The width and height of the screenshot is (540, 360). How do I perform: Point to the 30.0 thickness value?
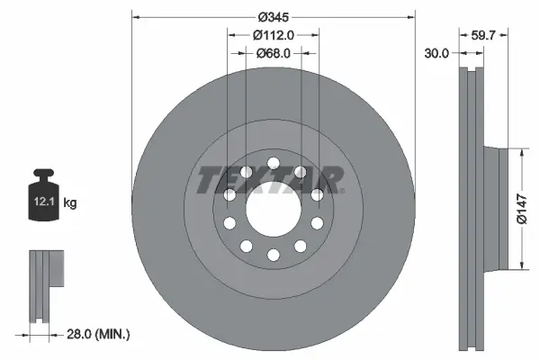point(436,54)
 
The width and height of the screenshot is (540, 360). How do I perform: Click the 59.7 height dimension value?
point(485,36)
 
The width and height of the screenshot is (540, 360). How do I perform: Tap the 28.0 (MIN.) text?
point(98,334)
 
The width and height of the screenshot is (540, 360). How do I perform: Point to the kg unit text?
point(70,203)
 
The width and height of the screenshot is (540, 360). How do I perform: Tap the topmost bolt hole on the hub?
point(273,162)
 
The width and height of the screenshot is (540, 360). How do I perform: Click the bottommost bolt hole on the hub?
point(273,256)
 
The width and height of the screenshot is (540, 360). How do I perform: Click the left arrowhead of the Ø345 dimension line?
point(136,17)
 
